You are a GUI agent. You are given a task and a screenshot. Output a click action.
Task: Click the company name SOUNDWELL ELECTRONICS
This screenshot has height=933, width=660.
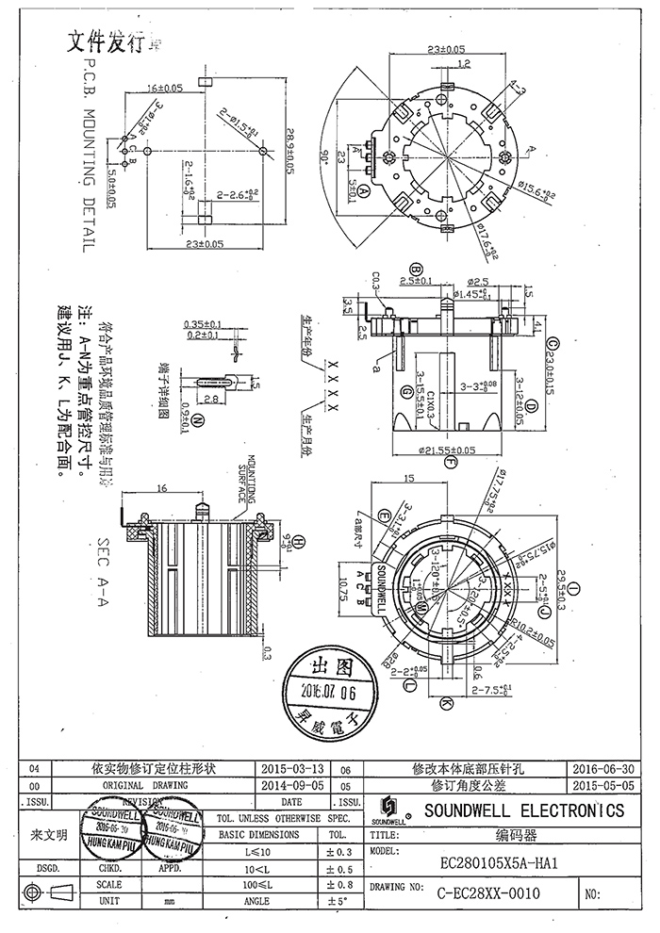[524, 810]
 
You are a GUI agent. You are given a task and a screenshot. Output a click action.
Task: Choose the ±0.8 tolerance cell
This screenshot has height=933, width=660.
[336, 885]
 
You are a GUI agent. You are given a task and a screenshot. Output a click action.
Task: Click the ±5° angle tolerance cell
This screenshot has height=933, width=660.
[336, 902]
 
